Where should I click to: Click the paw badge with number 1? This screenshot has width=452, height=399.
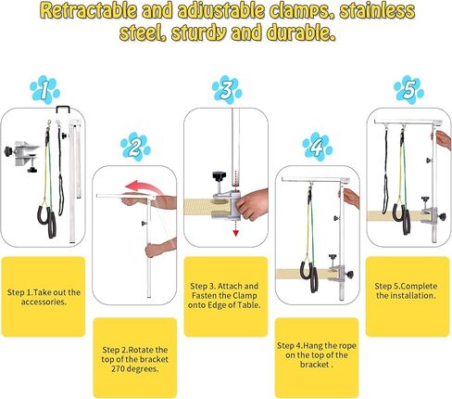tap(44, 90)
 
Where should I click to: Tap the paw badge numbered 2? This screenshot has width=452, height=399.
tap(135, 147)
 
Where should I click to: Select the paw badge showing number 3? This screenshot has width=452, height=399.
tap(227, 90)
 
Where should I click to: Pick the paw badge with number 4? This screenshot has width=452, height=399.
tap(318, 147)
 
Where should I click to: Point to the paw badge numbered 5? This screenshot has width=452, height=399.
tap(408, 90)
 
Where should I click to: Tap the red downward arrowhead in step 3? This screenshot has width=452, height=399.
tap(235, 233)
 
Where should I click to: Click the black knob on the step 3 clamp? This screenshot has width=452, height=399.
tap(219, 177)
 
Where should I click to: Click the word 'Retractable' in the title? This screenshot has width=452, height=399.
tap(89, 11)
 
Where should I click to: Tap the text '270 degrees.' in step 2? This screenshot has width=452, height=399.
tap(135, 369)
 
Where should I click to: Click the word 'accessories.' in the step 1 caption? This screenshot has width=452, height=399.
tap(44, 302)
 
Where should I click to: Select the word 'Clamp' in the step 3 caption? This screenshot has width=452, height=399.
tap(245, 295)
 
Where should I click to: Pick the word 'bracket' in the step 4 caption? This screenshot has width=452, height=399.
tap(314, 365)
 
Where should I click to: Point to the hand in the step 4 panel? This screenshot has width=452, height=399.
tap(350, 198)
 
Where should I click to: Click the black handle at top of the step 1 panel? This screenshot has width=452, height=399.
tap(63, 109)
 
